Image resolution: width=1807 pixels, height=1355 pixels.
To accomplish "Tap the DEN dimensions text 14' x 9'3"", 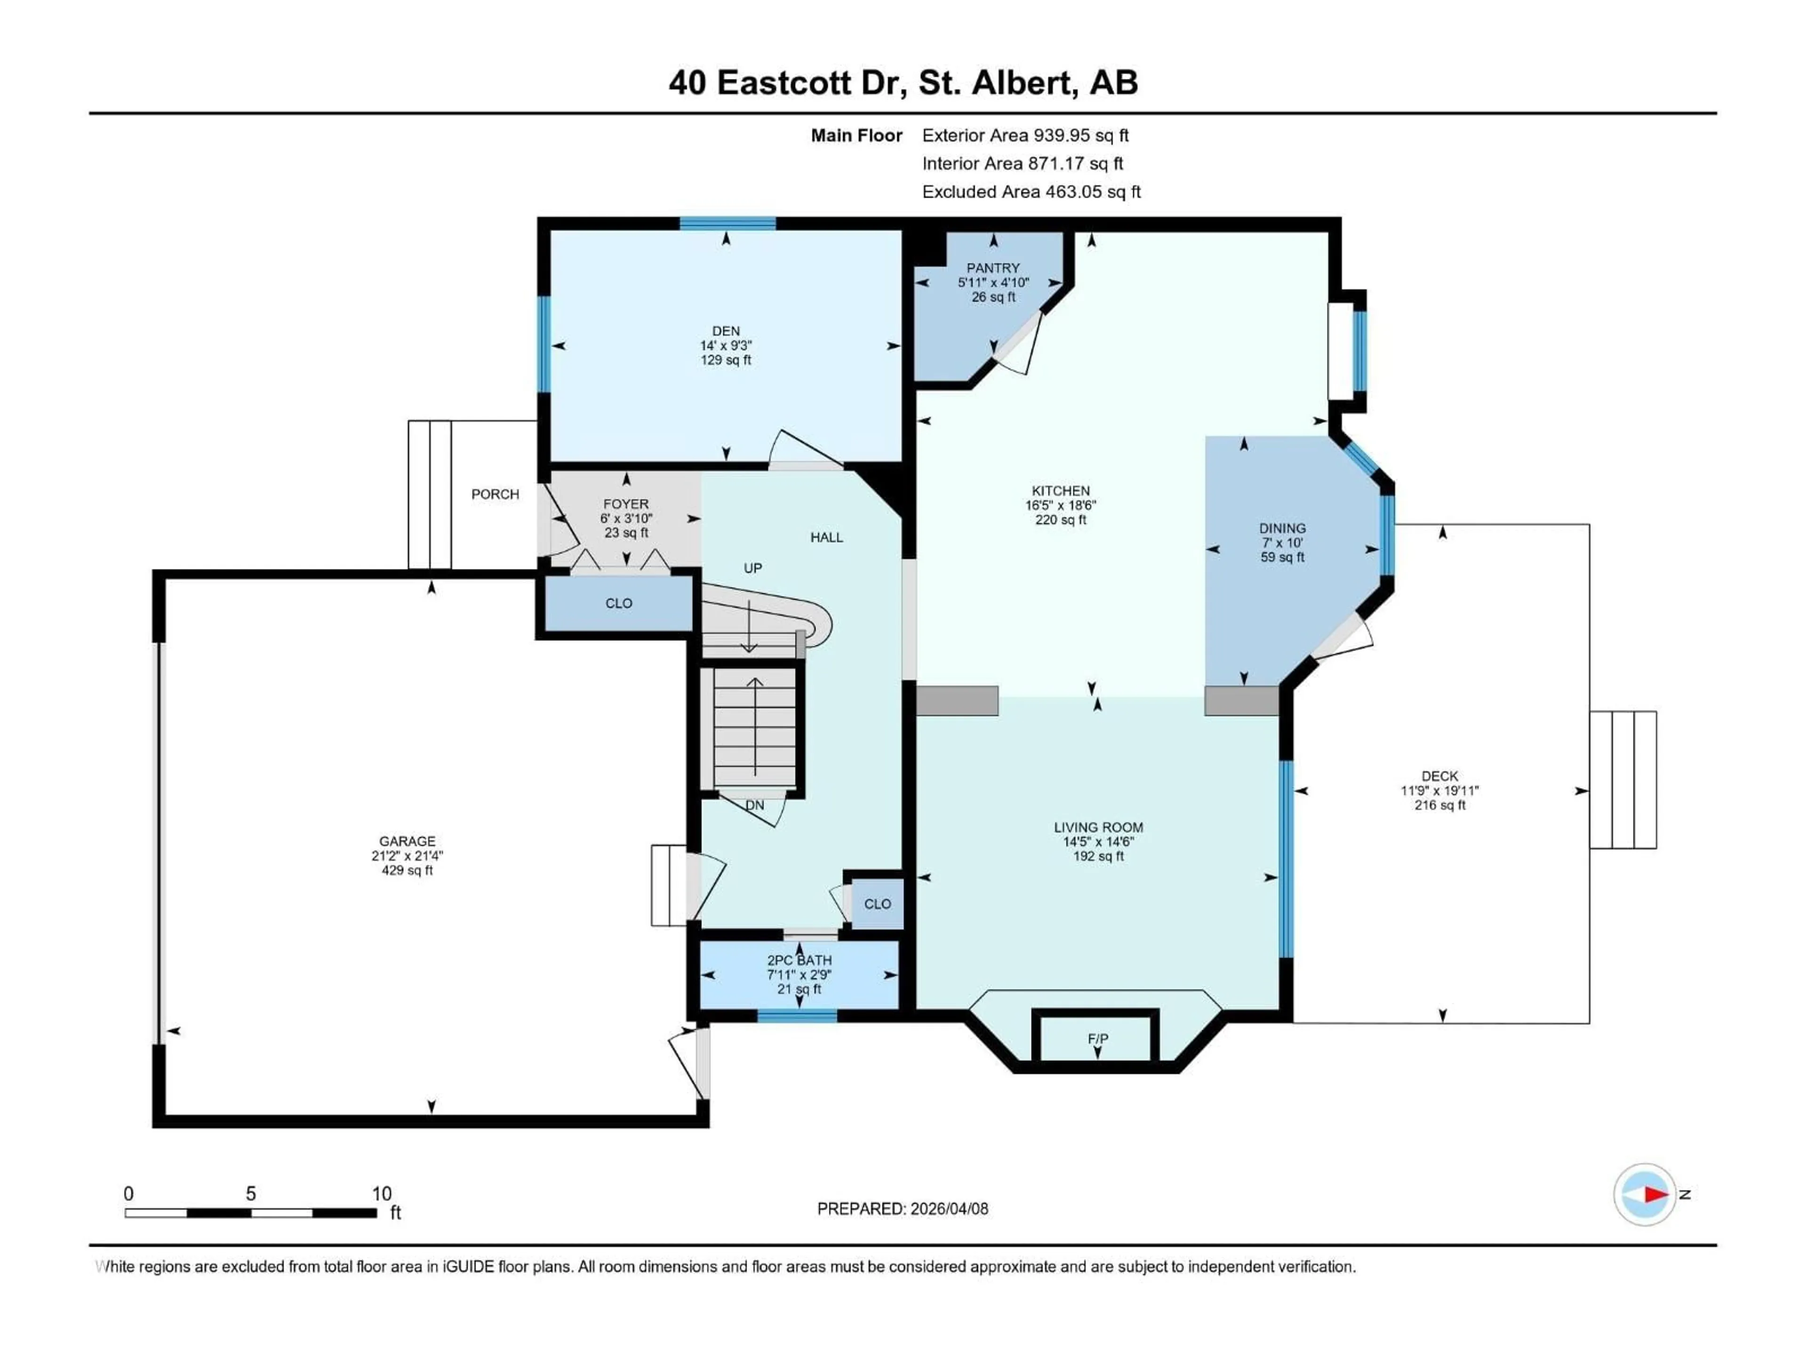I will point(726,345).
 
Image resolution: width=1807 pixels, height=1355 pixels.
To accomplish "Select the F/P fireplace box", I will point(1096,1038).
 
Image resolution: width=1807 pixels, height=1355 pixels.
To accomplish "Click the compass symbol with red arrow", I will point(1645,1194).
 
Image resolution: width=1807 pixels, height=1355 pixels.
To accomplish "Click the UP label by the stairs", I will point(752,568).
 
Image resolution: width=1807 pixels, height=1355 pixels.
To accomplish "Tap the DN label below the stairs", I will point(754,805).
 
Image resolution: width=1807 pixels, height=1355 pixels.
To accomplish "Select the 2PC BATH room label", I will point(799,961).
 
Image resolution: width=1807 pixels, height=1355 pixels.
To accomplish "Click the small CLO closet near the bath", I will point(877,904).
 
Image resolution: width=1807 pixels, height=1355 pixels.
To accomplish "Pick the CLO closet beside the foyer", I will point(618,604).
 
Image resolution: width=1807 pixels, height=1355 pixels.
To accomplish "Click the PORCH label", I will point(495,494).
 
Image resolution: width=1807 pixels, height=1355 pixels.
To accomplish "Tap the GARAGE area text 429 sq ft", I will point(407,871).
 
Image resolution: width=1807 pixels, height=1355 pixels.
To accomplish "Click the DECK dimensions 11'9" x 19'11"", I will point(1439,790).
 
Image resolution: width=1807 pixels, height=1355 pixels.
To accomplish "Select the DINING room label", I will point(1282,528).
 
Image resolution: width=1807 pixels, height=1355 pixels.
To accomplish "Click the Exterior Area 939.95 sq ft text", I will point(1025,135).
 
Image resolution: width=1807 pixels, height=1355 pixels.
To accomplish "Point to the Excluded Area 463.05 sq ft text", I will point(1031,192).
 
